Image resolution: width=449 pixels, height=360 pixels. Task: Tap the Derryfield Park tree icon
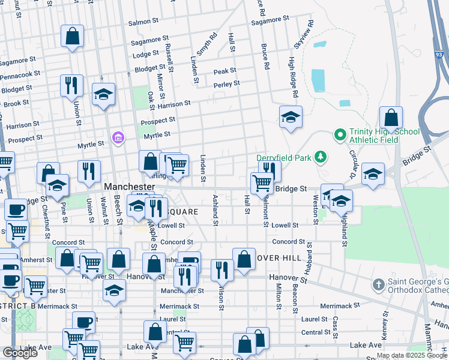coord(321,157)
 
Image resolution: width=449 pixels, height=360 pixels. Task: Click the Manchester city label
coord(130,187)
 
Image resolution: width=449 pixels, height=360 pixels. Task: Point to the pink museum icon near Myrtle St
coord(118,139)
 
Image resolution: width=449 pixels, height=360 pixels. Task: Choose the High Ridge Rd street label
coord(292,77)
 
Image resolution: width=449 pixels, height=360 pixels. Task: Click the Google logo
coord(20,352)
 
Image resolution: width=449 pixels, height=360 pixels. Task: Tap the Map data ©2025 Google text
coord(411,356)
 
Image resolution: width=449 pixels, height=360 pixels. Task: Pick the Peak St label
coord(224,71)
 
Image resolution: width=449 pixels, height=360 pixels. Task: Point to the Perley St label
coord(227,84)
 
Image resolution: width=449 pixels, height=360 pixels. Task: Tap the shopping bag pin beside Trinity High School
coord(391,120)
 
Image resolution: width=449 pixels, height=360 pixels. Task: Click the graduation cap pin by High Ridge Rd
coord(291,118)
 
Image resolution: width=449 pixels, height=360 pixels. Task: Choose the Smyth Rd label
coord(206,43)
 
